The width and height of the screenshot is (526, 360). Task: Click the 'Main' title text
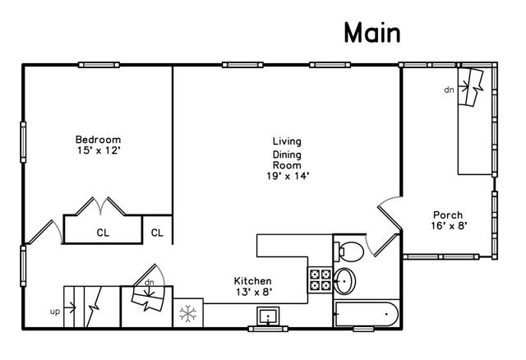coord(372,33)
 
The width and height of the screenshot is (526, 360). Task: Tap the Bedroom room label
coord(98,140)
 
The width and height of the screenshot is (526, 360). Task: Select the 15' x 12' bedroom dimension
coord(99,150)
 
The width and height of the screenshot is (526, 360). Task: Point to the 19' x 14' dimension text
coord(288,176)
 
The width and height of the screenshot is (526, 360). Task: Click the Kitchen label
coord(252,281)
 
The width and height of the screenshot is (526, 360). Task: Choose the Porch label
coord(448,215)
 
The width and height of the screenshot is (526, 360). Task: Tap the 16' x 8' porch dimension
coord(449,226)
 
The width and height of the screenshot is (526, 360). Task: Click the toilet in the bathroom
coord(348,251)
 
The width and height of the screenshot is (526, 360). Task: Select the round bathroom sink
coord(344,281)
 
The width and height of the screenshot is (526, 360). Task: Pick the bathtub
coord(367,314)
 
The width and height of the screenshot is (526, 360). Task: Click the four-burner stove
coord(320,280)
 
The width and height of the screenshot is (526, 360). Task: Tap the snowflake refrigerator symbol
coord(188,314)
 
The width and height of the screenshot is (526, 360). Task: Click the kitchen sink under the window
coord(268,316)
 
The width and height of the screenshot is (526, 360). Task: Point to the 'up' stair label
coord(55,312)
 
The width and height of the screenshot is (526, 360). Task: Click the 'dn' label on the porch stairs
coord(449,90)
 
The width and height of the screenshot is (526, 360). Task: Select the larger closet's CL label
coord(103,233)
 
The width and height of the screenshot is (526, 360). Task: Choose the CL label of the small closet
coord(157,233)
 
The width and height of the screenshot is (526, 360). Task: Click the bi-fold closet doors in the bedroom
coord(100,206)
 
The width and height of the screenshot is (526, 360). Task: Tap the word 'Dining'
coord(287,155)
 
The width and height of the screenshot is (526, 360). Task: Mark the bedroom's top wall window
coord(99,65)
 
